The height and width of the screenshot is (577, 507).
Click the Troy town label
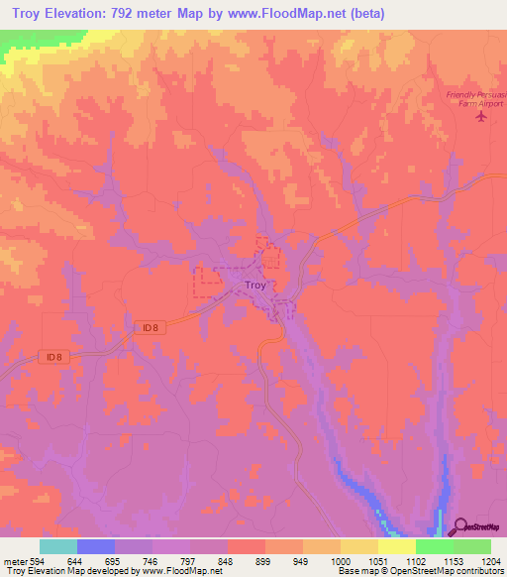point(254,286)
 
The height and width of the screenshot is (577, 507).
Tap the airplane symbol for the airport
point(482,118)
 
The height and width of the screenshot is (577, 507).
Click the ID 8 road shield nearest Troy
point(149,327)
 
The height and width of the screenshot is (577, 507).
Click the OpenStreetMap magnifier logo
point(462,526)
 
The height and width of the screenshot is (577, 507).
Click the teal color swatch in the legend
point(58,546)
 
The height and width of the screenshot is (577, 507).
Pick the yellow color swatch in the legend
point(359,546)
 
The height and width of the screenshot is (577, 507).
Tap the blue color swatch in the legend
point(96,546)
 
